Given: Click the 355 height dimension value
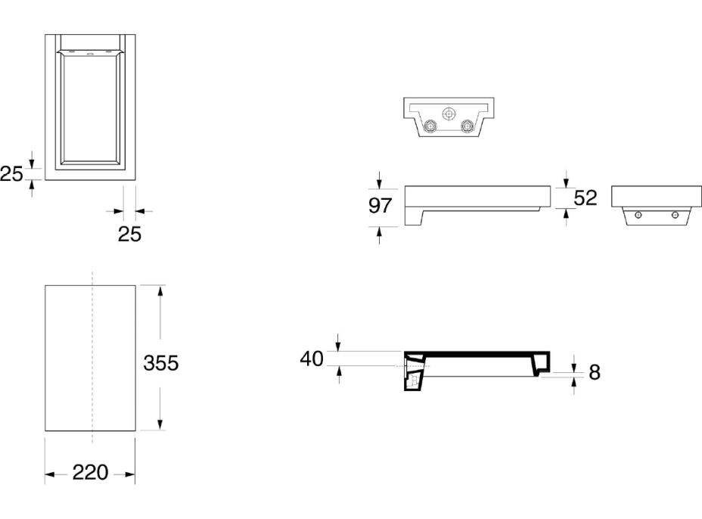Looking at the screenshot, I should (161, 363).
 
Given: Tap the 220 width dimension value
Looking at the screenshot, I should (91, 474).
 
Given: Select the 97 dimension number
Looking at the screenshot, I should (380, 207).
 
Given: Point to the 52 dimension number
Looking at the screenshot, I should (586, 198).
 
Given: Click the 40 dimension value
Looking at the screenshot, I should (312, 359).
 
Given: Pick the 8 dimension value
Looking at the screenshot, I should (595, 371).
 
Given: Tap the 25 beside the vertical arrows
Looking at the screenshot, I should (11, 175).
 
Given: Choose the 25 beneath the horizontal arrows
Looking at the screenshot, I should (129, 234).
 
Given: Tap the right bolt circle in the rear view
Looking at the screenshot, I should (468, 126).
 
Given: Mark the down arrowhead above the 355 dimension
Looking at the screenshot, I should (160, 291).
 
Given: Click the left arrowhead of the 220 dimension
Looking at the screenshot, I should (49, 474).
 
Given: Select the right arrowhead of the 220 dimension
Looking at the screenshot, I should (131, 474).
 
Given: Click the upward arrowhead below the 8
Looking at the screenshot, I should (576, 381).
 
